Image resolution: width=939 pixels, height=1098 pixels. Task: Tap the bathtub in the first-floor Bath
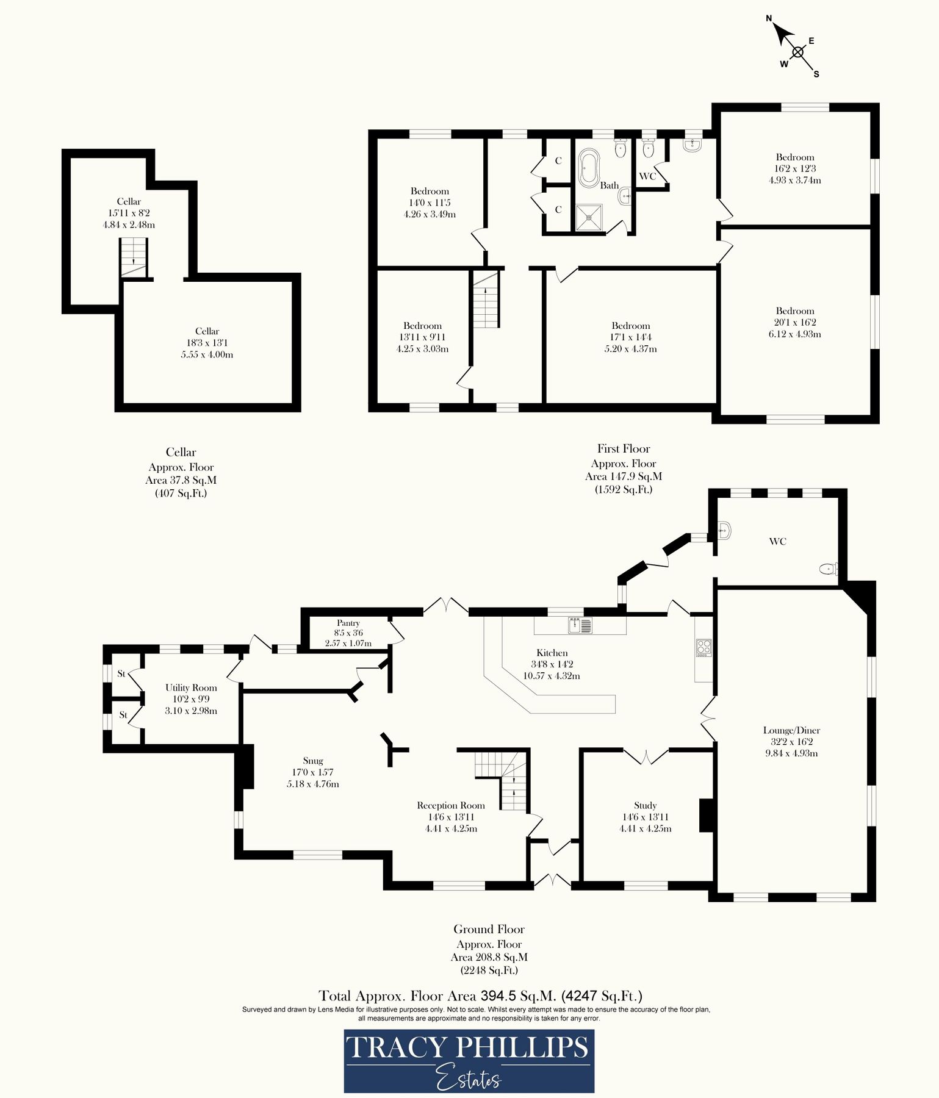pos(589,168)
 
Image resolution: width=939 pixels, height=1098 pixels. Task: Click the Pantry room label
pos(348,623)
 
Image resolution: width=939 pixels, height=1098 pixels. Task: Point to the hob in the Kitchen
pos(703,647)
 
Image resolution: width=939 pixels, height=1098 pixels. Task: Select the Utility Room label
pos(191,687)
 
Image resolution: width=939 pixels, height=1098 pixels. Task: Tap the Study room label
pos(645,805)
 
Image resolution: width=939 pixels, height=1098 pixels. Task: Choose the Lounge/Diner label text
pos(791,730)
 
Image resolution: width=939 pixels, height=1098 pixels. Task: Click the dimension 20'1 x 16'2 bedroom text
pos(795,322)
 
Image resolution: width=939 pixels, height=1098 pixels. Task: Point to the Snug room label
pos(313,761)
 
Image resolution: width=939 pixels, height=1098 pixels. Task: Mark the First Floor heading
pos(624,449)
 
